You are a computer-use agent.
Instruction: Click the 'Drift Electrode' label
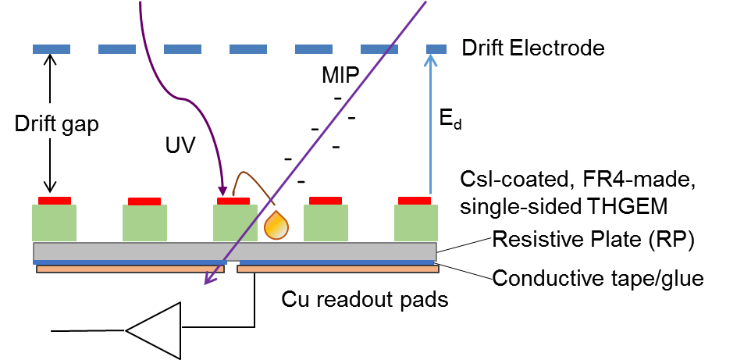[x=533, y=48]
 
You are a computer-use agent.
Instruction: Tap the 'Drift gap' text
[x=58, y=125]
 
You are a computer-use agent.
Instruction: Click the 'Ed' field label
[x=446, y=119]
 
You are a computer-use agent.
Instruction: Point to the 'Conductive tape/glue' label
[x=599, y=277]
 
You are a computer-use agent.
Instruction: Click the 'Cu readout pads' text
[x=365, y=298]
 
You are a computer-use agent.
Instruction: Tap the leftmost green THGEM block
[x=54, y=223]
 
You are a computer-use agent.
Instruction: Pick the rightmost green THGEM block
[x=415, y=223]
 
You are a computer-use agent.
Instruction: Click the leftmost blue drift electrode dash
[x=52, y=49]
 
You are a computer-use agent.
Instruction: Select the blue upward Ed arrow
[x=429, y=125]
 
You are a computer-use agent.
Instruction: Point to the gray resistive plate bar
[x=234, y=251]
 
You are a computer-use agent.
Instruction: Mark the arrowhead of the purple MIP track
[x=208, y=282]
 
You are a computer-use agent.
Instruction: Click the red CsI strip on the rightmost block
[x=414, y=200]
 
